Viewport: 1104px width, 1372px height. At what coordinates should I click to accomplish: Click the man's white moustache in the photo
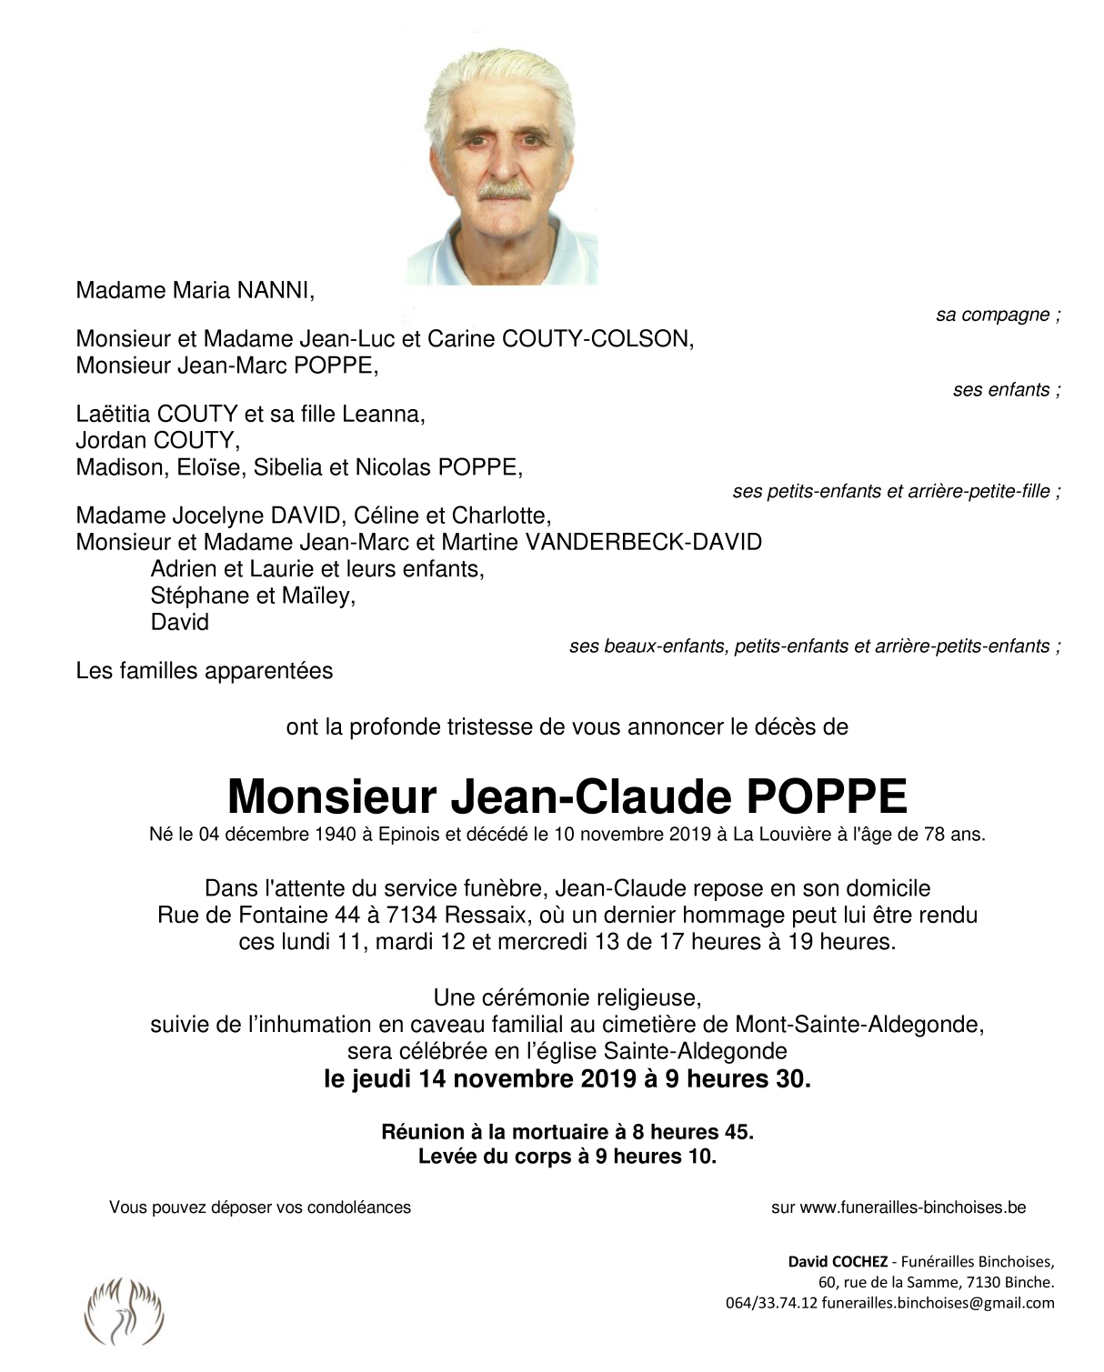point(504,191)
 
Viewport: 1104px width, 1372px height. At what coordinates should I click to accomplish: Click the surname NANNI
point(275,291)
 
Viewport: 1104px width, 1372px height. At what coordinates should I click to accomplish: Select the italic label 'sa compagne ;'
point(998,315)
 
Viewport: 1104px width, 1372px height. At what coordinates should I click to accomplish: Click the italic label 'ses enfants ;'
point(1006,390)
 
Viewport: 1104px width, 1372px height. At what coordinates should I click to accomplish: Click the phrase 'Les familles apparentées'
point(205,671)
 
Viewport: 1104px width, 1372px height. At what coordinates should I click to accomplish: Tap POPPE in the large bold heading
point(827,796)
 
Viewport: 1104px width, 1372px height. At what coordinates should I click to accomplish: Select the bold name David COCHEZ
point(837,1261)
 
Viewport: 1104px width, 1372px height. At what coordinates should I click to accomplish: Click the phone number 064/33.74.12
point(771,1303)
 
